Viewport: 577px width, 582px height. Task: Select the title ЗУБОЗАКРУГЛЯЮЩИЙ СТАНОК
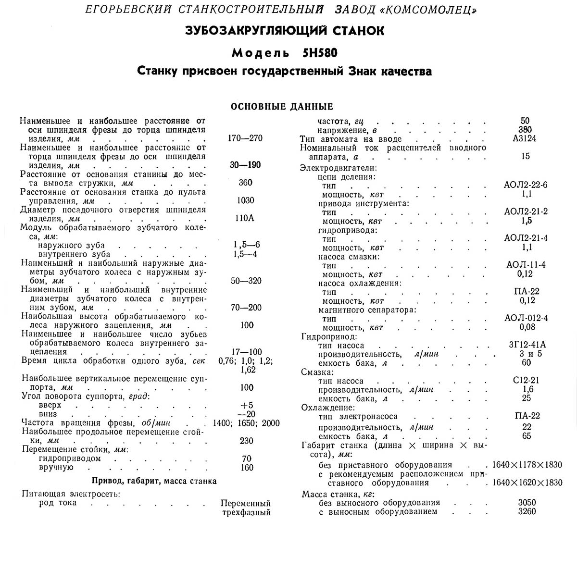[285, 31]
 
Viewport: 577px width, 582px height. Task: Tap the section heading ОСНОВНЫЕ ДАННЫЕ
[282, 106]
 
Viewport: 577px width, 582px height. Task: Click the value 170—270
[245, 138]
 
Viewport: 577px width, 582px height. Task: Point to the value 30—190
[245, 165]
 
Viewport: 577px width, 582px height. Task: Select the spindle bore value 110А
[245, 218]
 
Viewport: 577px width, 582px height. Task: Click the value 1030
[246, 200]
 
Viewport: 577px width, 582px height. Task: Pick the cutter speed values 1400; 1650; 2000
[246, 423]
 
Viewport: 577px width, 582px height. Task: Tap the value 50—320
[246, 281]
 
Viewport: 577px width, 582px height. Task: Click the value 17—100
[246, 352]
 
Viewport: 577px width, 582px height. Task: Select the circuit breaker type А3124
[525, 138]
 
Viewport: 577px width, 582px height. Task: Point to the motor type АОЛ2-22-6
[526, 186]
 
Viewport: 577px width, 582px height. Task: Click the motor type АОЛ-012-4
[526, 318]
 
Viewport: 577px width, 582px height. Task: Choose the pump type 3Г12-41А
[526, 345]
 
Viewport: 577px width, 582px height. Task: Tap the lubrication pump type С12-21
[526, 381]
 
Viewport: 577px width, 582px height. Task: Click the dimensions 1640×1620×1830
[527, 483]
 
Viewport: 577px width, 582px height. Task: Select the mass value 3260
[527, 511]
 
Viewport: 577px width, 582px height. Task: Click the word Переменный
[246, 503]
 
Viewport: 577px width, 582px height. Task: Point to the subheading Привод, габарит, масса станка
[154, 481]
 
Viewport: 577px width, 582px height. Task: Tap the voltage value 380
[525, 130]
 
